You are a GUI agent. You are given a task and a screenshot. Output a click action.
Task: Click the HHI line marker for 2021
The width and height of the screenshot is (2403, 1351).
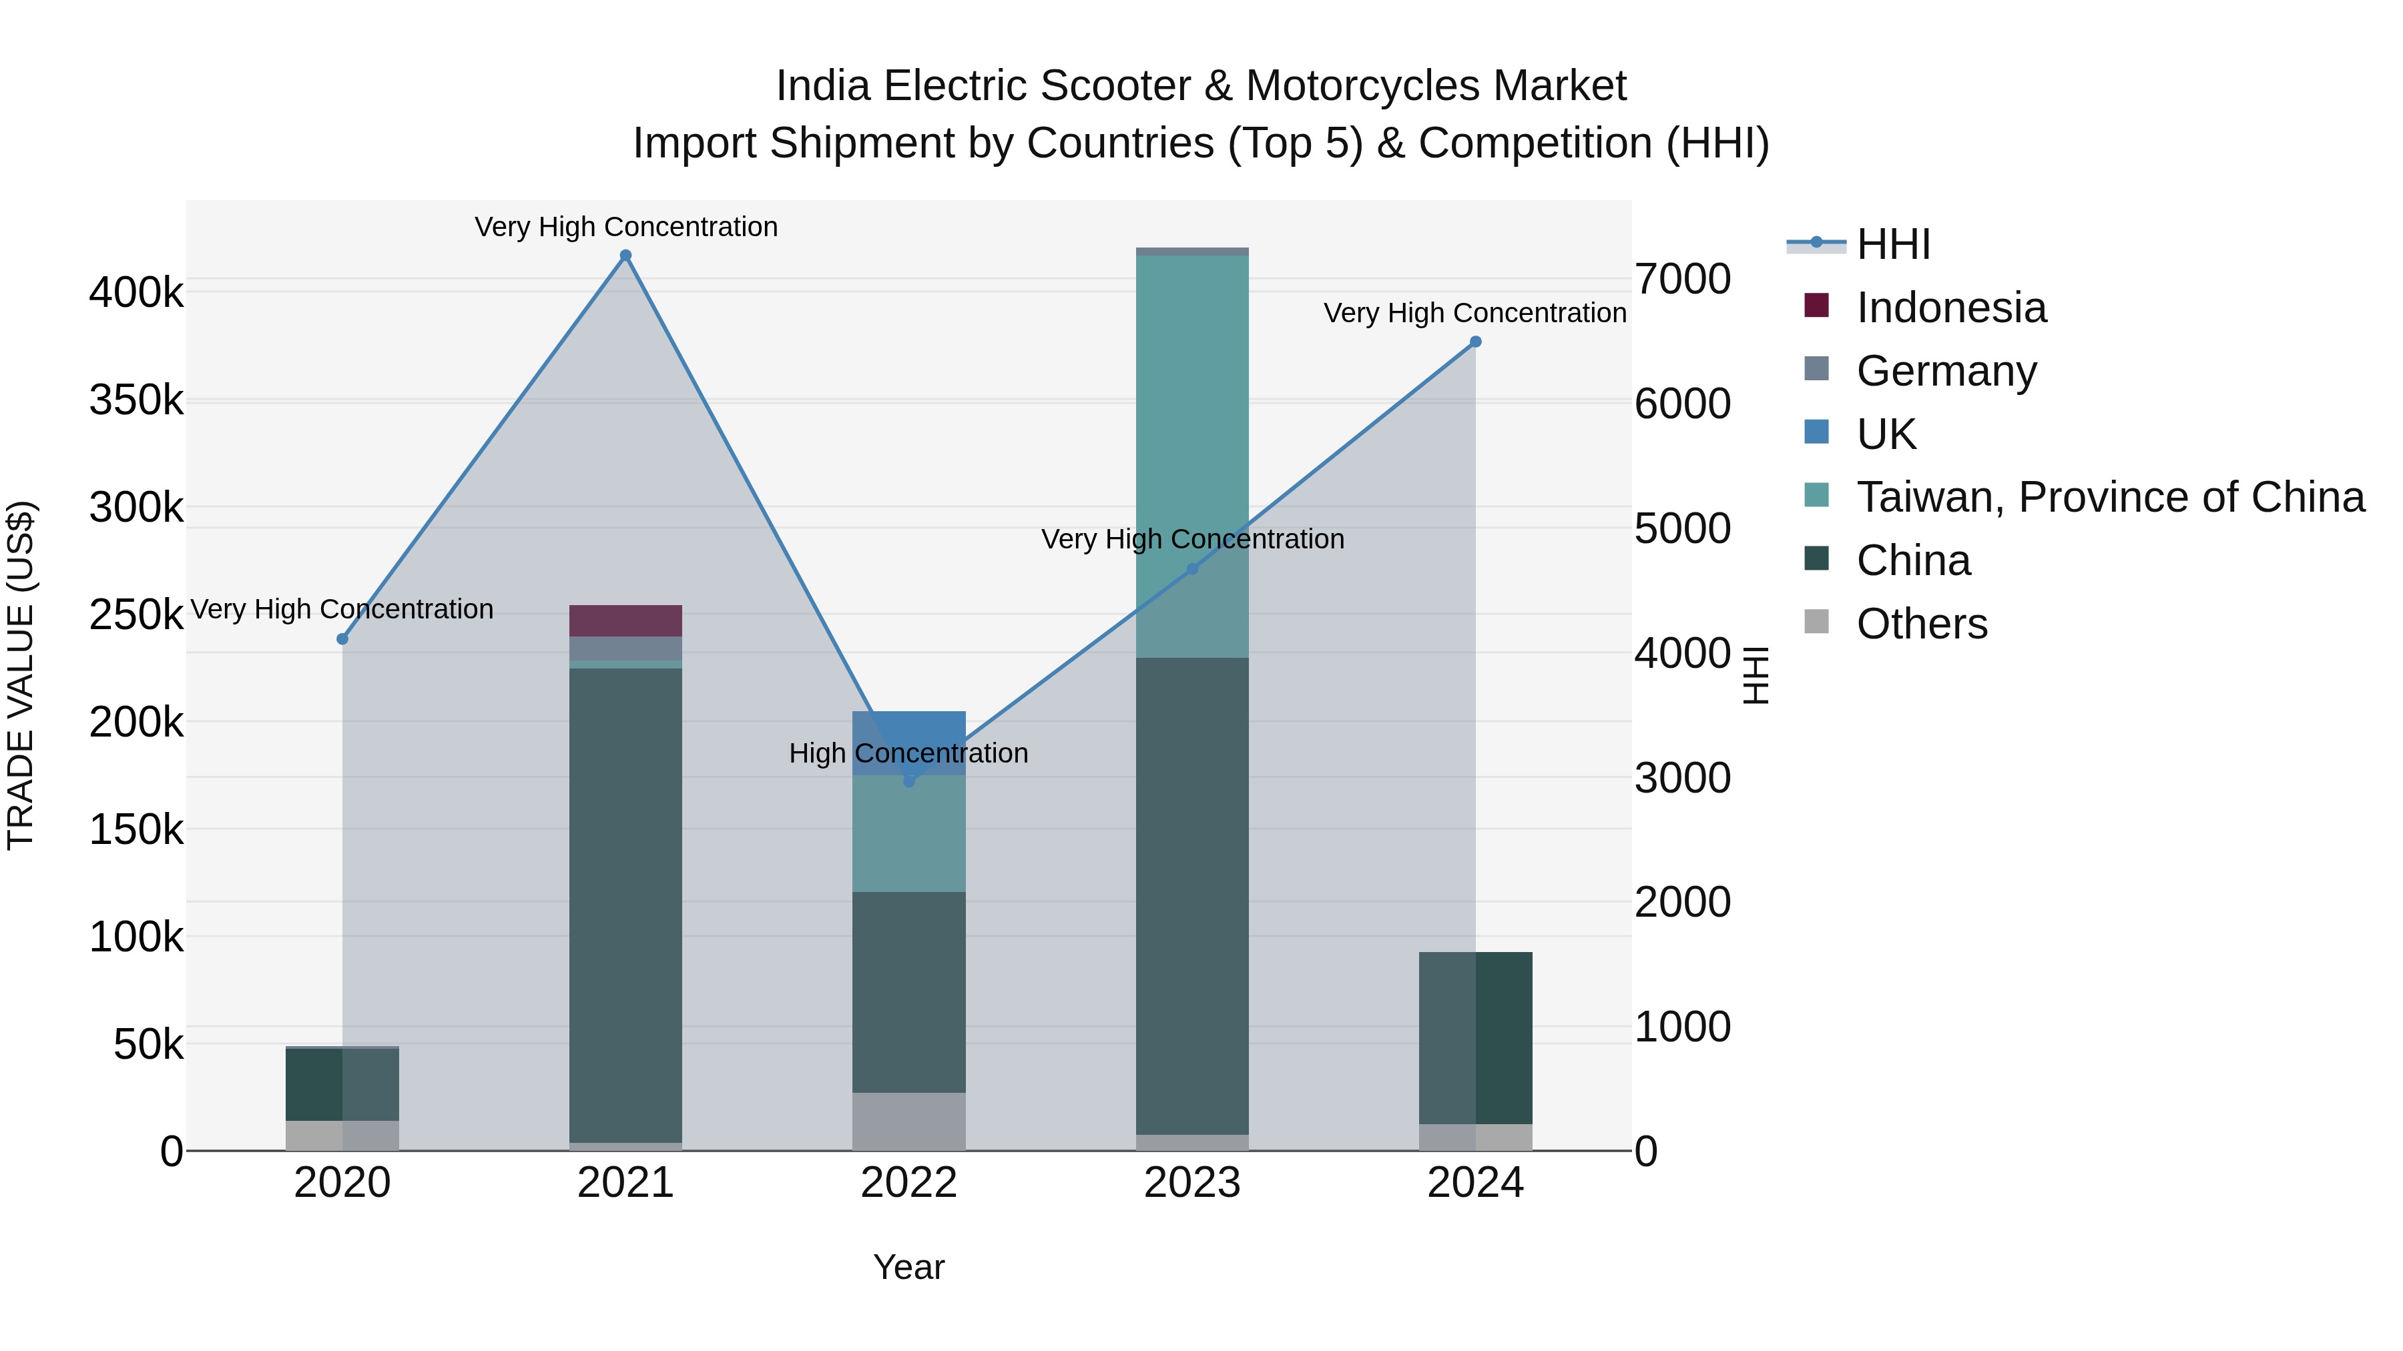(626, 256)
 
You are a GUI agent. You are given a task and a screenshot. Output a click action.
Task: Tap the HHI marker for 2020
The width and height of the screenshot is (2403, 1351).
(342, 638)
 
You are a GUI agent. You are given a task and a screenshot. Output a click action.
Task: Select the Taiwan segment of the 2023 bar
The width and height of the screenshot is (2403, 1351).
(1192, 457)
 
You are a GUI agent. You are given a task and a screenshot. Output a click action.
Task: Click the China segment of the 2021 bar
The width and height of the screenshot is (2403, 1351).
(626, 905)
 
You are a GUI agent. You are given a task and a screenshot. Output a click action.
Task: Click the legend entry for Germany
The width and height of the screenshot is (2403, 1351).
(1946, 371)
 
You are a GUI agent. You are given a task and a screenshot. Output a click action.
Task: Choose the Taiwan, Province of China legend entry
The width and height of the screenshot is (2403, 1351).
(2110, 497)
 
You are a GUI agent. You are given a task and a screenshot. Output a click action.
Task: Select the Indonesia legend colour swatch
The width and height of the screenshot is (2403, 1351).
(1816, 306)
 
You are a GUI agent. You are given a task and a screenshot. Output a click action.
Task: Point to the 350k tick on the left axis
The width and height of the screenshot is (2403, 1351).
(136, 401)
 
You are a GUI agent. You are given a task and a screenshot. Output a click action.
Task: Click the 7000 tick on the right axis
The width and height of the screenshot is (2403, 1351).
(1682, 279)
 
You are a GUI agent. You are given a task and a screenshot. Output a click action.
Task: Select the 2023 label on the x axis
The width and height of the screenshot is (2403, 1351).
(1192, 1183)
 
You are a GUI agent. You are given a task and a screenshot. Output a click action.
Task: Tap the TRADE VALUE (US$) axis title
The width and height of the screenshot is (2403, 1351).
(21, 675)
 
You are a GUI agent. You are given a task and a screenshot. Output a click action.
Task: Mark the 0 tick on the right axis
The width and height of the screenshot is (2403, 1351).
(1647, 1152)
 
